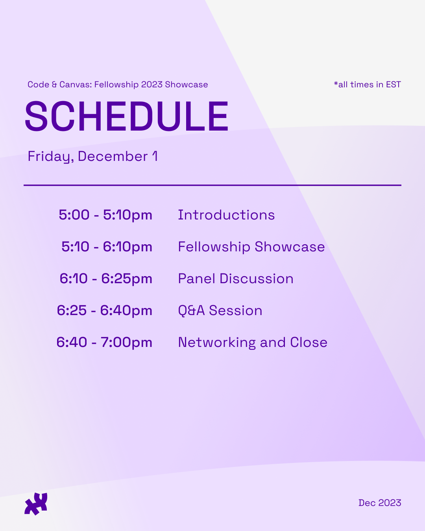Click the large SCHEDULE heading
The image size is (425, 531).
coord(126,116)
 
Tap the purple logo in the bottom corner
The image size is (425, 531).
coord(36,503)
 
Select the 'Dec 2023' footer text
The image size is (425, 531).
coord(380,503)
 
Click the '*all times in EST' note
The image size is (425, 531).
coord(367,85)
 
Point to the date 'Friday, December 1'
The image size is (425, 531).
coord(92,157)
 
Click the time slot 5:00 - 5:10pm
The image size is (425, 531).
coord(105,215)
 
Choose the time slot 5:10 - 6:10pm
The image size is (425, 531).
coord(107,247)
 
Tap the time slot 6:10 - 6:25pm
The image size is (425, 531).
coord(106,278)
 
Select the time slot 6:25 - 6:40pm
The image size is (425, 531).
coord(104,310)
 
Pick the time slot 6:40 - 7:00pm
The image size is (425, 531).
coord(104,342)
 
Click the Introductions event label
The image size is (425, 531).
coord(226,215)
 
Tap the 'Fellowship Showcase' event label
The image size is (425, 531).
coord(251,247)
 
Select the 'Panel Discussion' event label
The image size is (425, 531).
coord(236,278)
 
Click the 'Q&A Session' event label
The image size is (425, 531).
coord(220,310)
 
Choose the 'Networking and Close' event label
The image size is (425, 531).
coord(253,342)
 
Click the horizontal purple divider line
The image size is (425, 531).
coord(213,185)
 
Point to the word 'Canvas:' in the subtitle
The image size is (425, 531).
coord(76,85)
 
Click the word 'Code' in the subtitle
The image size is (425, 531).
coord(38,85)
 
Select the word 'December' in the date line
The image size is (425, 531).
coord(113,157)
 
